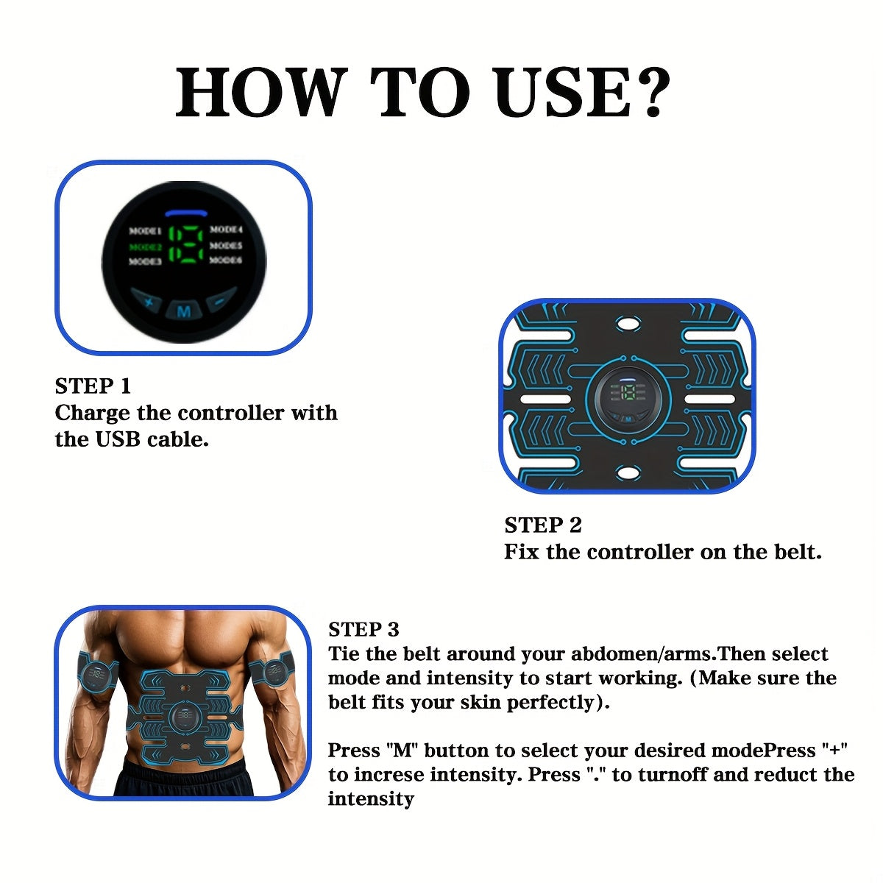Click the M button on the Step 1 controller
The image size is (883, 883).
184,311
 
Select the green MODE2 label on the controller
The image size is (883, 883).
146,247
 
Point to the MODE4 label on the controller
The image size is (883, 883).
226,230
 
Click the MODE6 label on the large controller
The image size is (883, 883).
226,260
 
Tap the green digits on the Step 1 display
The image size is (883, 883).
185,246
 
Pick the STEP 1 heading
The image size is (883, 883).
93,386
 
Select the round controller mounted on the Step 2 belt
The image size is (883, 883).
628,397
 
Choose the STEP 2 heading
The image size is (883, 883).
543,525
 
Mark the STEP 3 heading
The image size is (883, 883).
364,629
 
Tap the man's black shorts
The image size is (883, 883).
184,780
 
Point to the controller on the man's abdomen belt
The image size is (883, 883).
184,717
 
